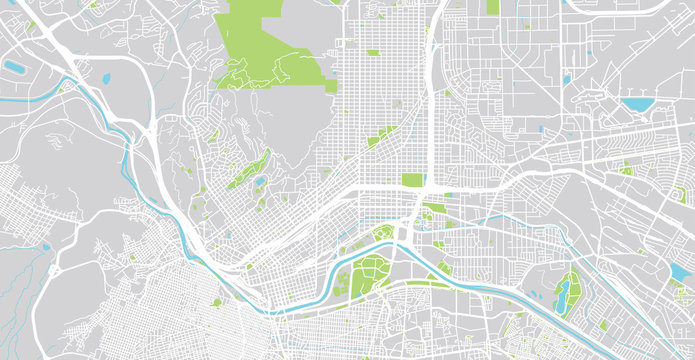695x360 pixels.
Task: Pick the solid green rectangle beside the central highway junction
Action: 412,180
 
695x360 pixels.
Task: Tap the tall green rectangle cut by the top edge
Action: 492,6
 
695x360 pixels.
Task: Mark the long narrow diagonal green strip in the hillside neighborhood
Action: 248,168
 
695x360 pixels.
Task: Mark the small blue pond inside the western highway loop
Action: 106,78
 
